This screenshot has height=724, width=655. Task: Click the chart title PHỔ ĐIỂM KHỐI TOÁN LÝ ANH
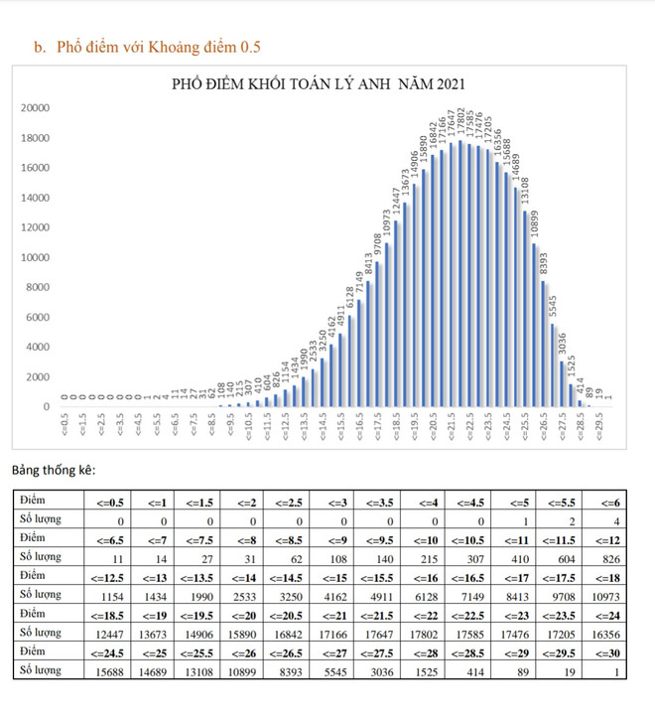(x=319, y=83)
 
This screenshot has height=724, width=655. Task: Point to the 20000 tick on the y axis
(x=37, y=107)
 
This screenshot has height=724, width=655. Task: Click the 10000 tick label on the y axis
(x=37, y=257)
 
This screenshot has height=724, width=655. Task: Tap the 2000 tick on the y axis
(x=40, y=377)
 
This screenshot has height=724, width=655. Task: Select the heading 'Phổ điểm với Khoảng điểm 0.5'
(x=159, y=47)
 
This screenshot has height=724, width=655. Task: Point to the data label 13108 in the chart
(x=525, y=192)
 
